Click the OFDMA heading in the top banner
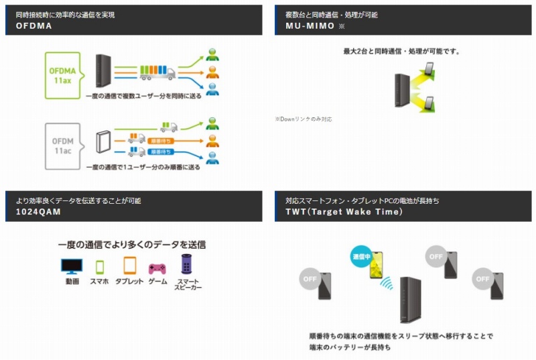[34, 26]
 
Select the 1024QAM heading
[38, 212]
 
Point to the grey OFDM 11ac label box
[62, 141]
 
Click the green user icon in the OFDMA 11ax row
[212, 54]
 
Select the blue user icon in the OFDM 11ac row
[212, 158]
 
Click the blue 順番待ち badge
[165, 152]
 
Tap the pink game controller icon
[157, 268]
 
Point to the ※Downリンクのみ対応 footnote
[303, 119]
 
